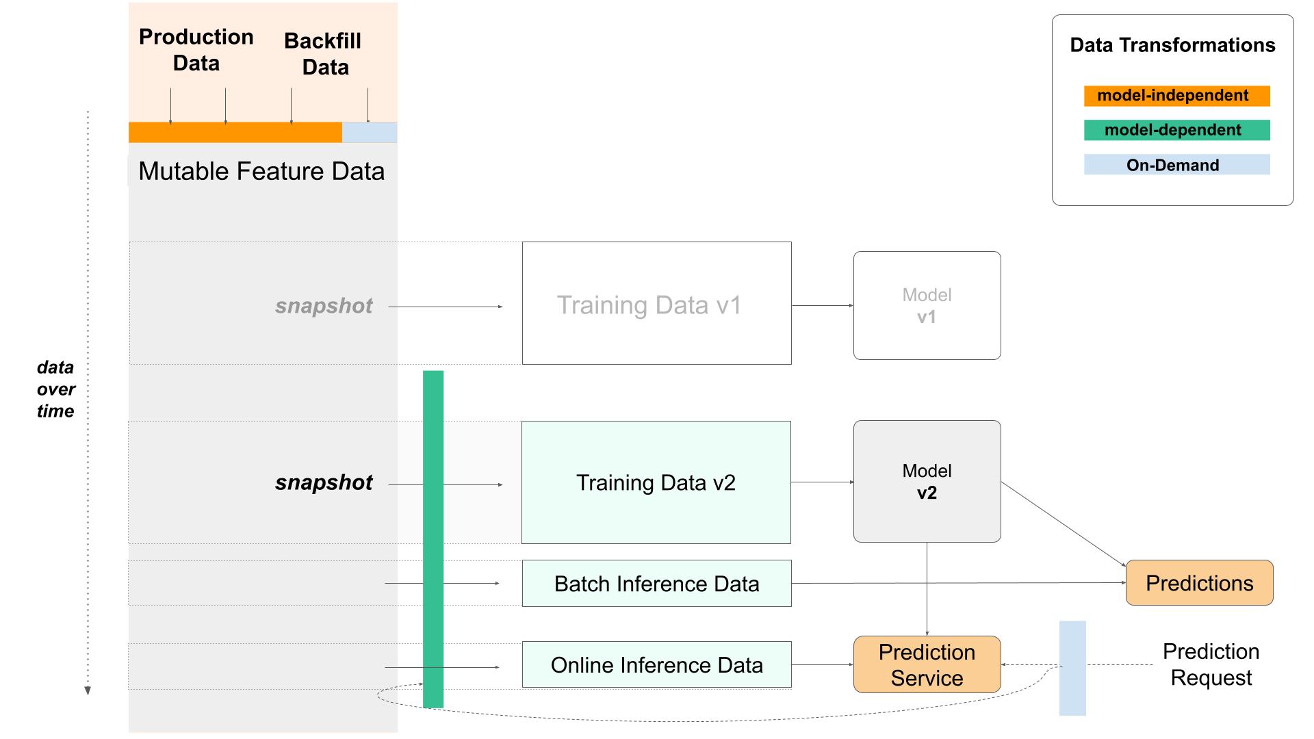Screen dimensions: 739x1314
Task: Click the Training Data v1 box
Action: [656, 303]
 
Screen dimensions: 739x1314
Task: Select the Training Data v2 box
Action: [656, 482]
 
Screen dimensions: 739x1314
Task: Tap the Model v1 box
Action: [927, 305]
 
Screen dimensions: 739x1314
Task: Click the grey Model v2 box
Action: [927, 481]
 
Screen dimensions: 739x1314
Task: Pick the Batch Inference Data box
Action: [656, 584]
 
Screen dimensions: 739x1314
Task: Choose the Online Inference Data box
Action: [656, 664]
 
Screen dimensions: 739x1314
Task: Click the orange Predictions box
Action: [1199, 583]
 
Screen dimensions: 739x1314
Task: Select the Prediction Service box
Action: [927, 664]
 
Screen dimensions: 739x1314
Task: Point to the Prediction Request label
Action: [1211, 664]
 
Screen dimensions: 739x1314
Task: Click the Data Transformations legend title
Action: [1172, 45]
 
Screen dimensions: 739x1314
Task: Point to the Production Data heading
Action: [196, 50]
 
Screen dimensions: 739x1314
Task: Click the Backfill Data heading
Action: [324, 54]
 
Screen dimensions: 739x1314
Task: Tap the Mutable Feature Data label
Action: [261, 171]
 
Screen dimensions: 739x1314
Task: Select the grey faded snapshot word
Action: [324, 306]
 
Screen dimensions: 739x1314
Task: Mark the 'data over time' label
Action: [55, 389]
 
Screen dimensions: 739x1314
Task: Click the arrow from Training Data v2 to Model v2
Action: [822, 482]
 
